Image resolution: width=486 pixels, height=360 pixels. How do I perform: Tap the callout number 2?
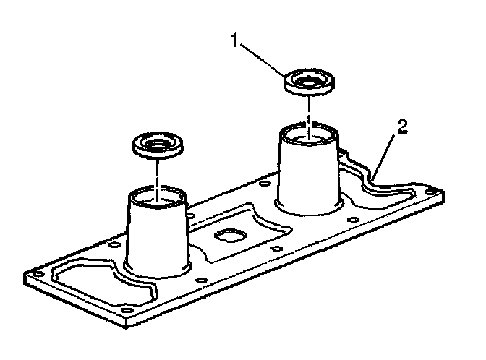tap(403, 128)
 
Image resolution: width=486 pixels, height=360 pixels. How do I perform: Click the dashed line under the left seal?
tap(157, 173)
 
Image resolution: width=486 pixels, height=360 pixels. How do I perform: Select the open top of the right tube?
tap(309, 134)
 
